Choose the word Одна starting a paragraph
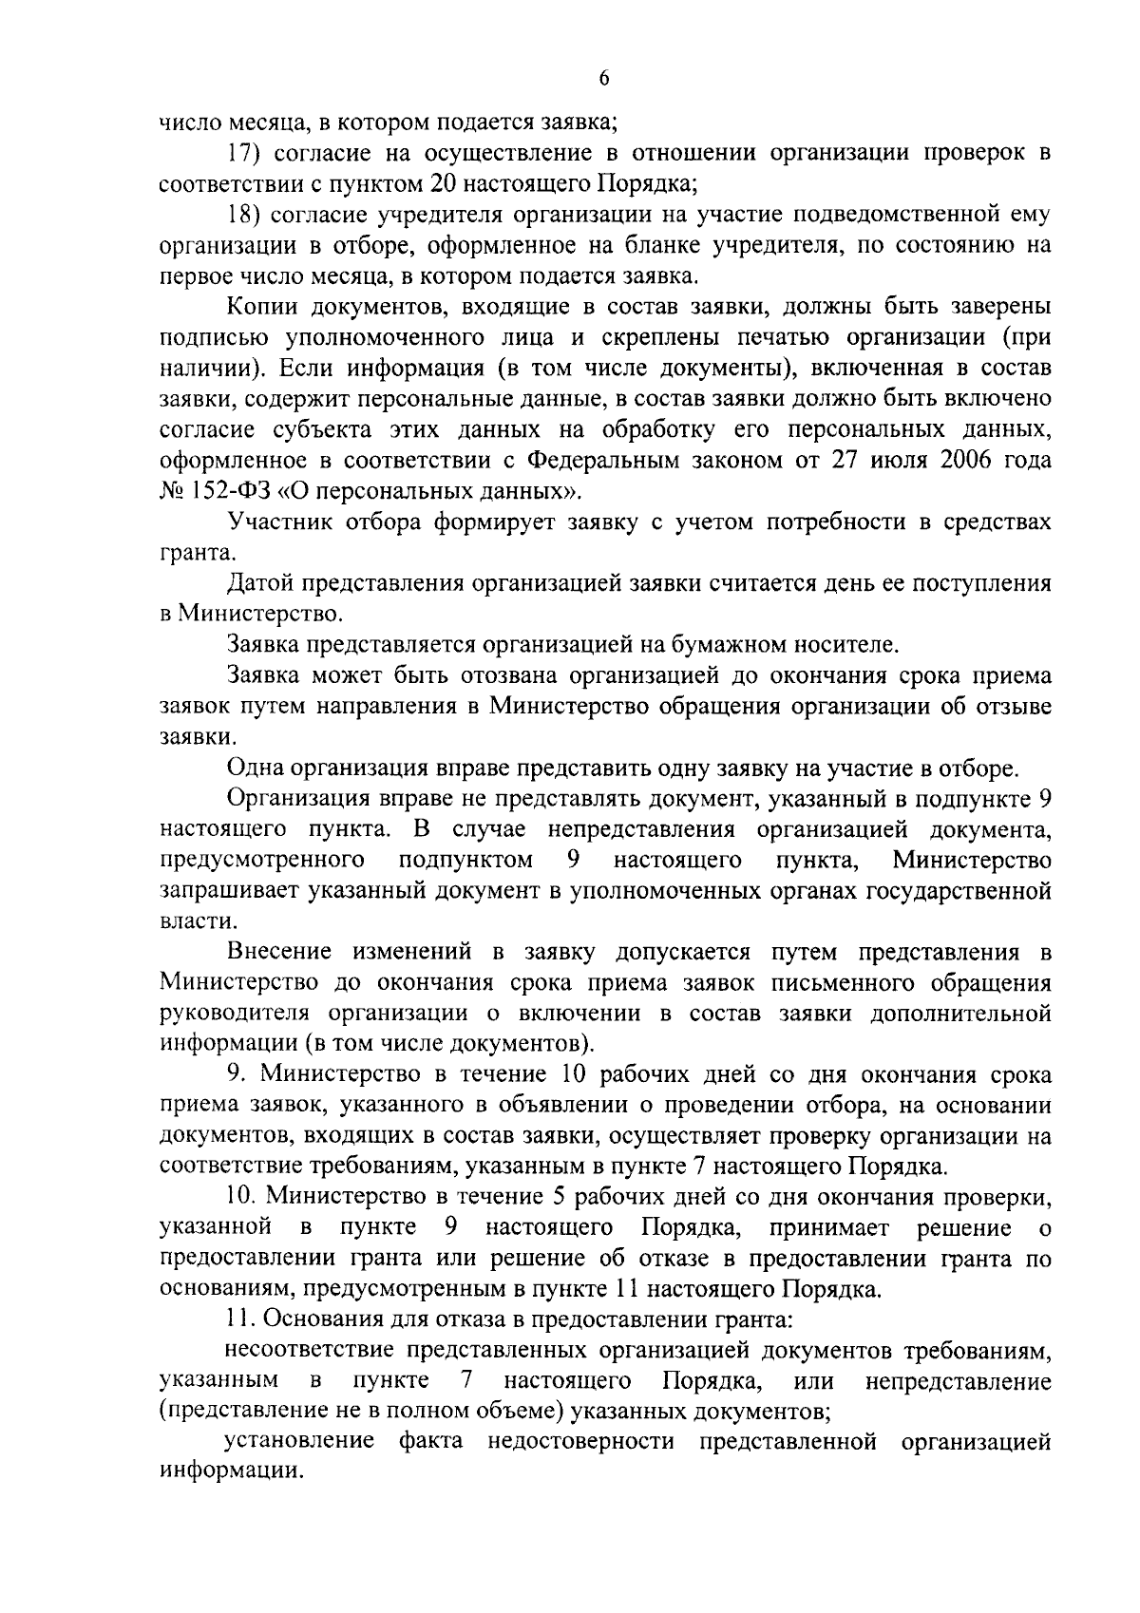pyautogui.click(x=256, y=768)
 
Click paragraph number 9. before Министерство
pyautogui.click(x=237, y=1074)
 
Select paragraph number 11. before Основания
pyautogui.click(x=241, y=1319)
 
